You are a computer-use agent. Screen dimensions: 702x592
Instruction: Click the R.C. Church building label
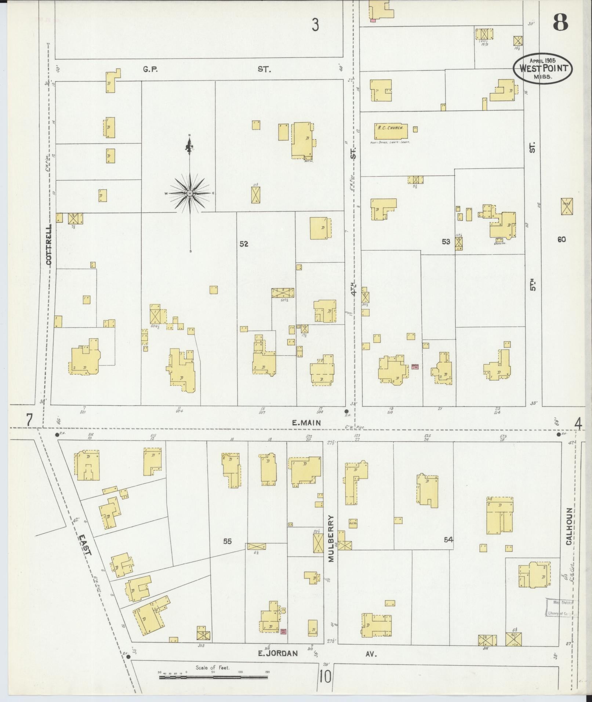pos(391,128)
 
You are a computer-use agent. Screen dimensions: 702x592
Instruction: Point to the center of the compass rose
pos(190,193)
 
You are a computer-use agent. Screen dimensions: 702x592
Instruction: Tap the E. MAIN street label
pos(306,423)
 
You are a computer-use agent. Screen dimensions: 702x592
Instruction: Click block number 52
pos(244,244)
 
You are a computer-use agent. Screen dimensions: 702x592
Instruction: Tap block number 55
pos(227,541)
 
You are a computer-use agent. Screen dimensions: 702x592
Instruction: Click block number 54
pos(448,539)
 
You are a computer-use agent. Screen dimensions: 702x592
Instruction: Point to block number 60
pos(561,240)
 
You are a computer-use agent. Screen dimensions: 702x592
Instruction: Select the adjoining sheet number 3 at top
pos(315,25)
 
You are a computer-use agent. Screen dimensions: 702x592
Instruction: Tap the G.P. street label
pos(150,69)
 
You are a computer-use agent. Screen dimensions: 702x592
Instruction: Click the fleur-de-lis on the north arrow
pos(190,147)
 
